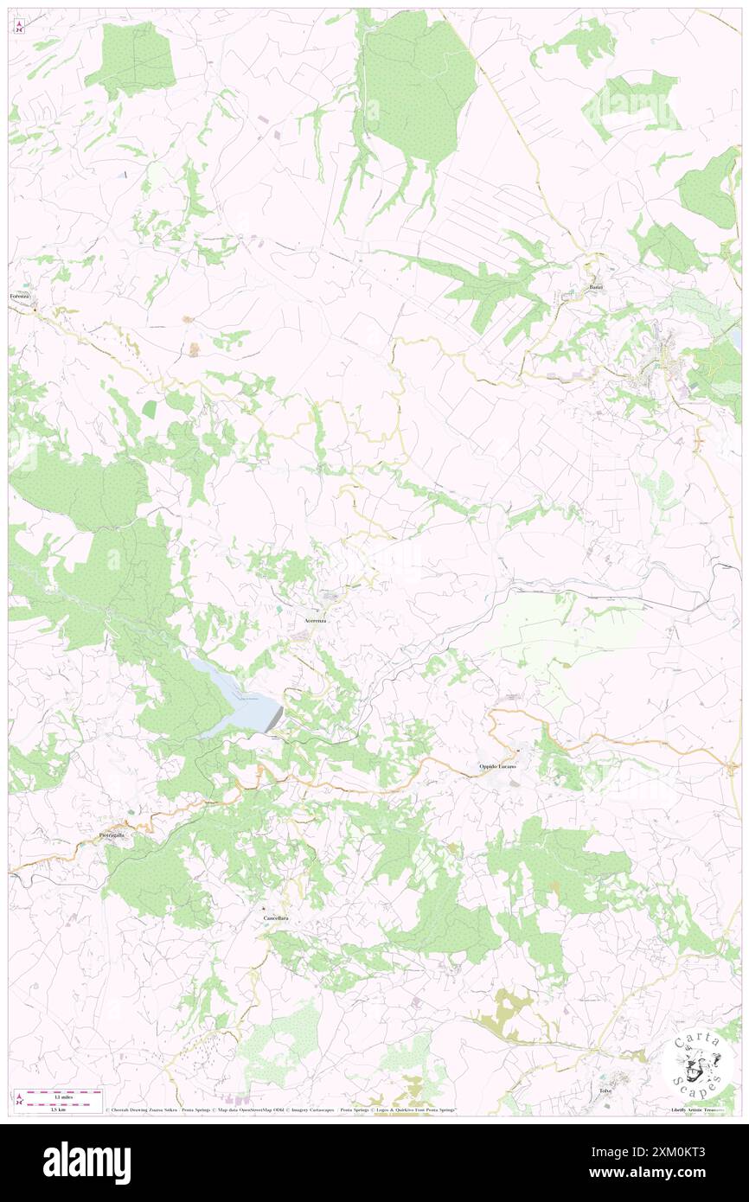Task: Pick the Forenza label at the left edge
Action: tap(21, 297)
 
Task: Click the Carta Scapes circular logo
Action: tap(696, 1063)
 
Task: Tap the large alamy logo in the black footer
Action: tap(86, 1163)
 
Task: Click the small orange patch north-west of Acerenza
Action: tap(194, 349)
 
